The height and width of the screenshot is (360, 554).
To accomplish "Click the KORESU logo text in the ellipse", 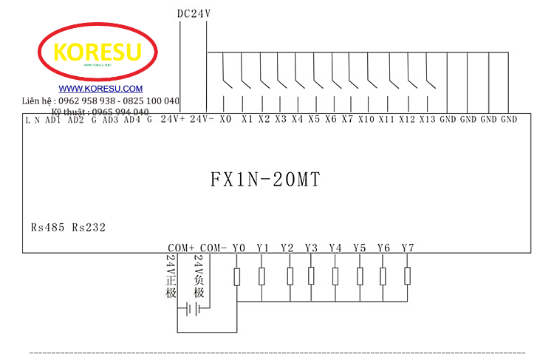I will click(x=98, y=52).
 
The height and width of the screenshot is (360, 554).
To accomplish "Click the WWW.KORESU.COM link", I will click(x=96, y=89).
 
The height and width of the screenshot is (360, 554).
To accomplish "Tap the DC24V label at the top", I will click(x=194, y=13).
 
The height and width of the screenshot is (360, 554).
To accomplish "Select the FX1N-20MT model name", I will click(x=265, y=180).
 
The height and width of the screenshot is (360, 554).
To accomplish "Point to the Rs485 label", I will click(x=48, y=228).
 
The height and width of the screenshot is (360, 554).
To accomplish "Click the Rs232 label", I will click(x=89, y=228).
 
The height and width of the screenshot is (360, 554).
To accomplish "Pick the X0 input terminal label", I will click(x=225, y=119).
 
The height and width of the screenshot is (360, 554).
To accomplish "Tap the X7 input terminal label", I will click(x=347, y=119).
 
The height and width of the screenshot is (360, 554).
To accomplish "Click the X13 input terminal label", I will click(x=428, y=119).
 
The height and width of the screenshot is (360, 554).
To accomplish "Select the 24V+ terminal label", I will click(x=172, y=119).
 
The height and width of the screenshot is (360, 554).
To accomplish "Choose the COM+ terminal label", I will click(x=181, y=248).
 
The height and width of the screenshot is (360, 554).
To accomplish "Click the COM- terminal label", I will click(x=213, y=248).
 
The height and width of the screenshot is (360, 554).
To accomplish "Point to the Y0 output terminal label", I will click(x=238, y=248).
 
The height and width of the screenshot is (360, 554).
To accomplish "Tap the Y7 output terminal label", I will click(x=408, y=248).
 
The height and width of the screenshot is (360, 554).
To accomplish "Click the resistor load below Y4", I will click(x=335, y=276).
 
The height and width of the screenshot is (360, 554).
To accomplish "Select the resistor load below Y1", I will click(x=262, y=276).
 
